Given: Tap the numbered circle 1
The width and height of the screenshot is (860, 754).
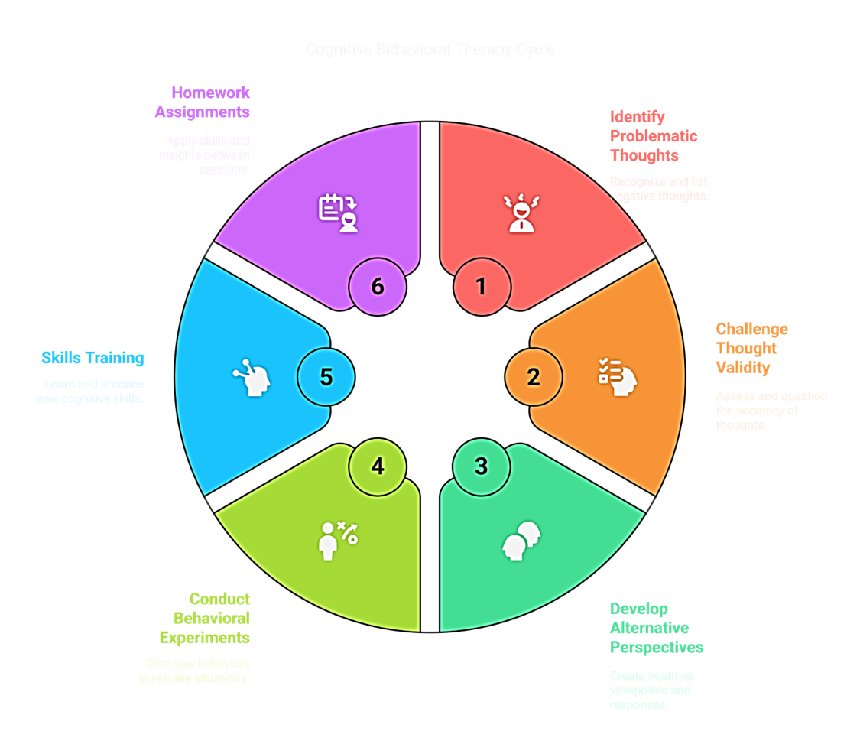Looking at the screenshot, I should [481, 287].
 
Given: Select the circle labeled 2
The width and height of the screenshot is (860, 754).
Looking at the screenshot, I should [534, 377].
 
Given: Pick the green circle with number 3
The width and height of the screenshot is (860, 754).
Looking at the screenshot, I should [481, 466].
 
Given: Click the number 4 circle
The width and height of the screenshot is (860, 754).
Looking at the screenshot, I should [378, 466].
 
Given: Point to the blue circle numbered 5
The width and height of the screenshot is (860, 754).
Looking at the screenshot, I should [326, 377].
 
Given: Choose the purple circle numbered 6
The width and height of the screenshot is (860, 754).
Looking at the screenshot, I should [378, 287].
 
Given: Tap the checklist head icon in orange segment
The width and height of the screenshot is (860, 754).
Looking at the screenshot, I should [618, 375].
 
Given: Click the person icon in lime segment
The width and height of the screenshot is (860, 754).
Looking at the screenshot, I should [337, 540].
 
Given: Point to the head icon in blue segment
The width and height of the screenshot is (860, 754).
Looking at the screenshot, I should [252, 377].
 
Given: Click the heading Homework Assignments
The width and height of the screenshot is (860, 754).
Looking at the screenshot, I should [203, 102].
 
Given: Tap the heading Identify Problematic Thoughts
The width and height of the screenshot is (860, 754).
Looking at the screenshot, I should [654, 136].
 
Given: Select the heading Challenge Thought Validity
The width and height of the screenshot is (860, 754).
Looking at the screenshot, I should [751, 348].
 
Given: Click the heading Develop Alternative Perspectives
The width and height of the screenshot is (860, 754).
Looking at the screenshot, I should [656, 628].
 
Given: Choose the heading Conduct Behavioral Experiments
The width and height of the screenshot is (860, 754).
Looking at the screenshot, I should [205, 618].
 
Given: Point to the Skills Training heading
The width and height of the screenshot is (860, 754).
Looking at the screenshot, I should [92, 358].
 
